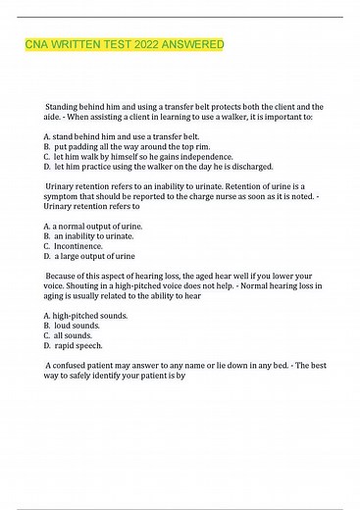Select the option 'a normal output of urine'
[97, 226]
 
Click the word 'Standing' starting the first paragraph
[65, 105]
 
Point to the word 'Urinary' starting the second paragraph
[62, 185]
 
